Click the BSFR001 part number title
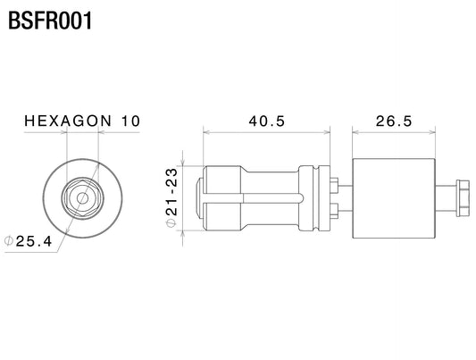pyautogui.click(x=50, y=21)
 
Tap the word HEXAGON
pyautogui.click(x=68, y=121)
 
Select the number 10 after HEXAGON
pyautogui.click(x=130, y=121)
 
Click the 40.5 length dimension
pyautogui.click(x=267, y=121)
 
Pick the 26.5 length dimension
pyautogui.click(x=394, y=121)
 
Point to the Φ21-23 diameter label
pyautogui.click(x=171, y=197)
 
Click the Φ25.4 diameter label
pyautogui.click(x=28, y=241)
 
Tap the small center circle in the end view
pyautogui.click(x=82, y=198)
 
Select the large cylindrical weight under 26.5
pyautogui.click(x=394, y=198)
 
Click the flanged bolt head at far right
pyautogui.click(x=463, y=198)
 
